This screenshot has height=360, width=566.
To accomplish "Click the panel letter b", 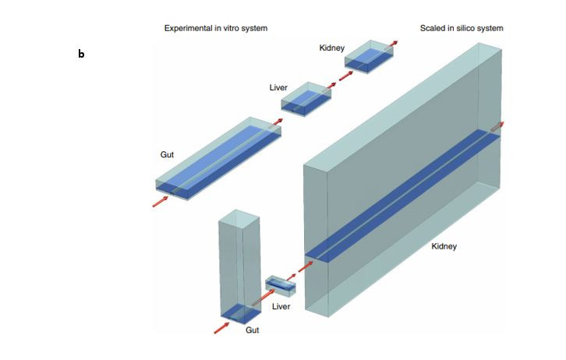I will tap(81, 55).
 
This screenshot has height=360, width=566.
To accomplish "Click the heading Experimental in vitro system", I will tap(216, 28).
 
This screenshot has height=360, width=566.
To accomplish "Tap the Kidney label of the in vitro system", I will tap(331, 48).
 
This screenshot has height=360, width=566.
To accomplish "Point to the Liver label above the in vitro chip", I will tap(278, 88).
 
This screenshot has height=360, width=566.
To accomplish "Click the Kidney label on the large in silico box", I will tap(444, 246).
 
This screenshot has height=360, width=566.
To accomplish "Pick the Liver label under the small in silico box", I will tap(281, 306).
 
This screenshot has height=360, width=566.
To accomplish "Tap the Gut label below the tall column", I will tap(253, 330).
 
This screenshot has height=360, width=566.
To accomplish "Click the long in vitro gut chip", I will tap(218, 160).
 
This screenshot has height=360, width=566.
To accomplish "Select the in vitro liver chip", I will tap(306, 99).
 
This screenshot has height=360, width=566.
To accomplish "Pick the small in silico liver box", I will tap(281, 286).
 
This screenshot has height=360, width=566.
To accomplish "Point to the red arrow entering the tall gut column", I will tap(222, 327).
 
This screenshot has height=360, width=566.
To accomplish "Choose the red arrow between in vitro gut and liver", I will tap(274, 122).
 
